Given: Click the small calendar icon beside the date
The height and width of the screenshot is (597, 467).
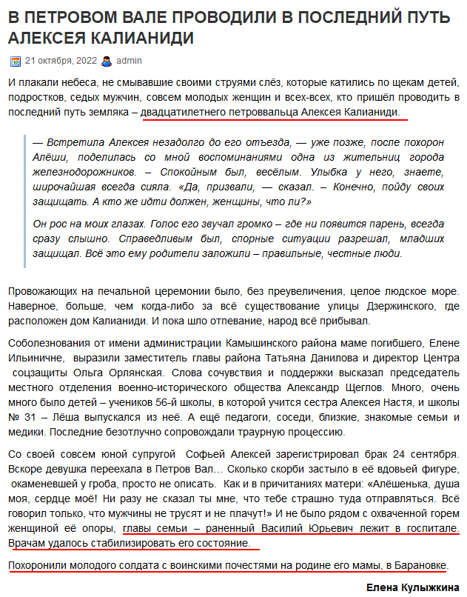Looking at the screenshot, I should (16, 61).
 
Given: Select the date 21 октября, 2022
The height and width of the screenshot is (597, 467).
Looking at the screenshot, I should (61, 61).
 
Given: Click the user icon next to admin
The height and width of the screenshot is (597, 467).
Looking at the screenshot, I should (107, 61).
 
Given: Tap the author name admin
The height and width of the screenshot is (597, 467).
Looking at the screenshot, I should (130, 61).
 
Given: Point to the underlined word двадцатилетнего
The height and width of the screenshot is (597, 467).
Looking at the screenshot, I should (182, 112).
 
